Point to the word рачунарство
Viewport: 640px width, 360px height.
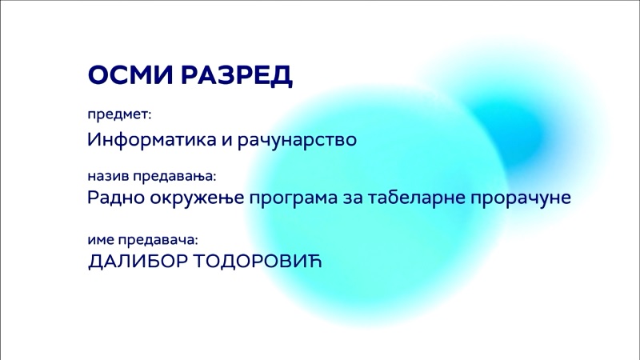click(x=297, y=140)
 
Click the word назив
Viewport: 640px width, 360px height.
click(x=108, y=176)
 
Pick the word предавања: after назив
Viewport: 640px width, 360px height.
click(x=174, y=177)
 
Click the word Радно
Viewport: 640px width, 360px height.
click(x=116, y=198)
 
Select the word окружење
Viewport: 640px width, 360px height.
click(x=197, y=198)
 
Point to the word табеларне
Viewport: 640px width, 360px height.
click(x=417, y=198)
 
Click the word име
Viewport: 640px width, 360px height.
click(x=101, y=240)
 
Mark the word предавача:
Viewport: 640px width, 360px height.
click(x=158, y=240)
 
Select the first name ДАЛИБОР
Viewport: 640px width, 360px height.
click(x=138, y=262)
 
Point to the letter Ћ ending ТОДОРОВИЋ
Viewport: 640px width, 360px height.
click(x=314, y=261)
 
